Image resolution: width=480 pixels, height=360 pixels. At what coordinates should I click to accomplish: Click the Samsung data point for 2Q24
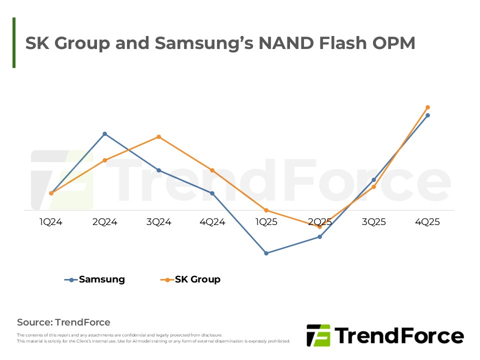[104, 134]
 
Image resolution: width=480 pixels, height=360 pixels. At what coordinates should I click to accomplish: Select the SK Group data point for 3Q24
[158, 136]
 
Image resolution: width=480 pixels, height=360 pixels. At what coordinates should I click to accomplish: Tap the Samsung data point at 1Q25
[266, 253]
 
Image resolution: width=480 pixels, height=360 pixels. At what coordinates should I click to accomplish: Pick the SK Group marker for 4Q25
[427, 107]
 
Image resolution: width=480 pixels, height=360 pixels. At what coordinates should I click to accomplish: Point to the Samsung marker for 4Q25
[427, 115]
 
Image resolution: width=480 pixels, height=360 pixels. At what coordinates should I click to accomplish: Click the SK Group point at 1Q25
[266, 210]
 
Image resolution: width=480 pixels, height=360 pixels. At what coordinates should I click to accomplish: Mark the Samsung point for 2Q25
[320, 237]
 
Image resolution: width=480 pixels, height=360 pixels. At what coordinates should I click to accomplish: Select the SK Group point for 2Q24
[104, 160]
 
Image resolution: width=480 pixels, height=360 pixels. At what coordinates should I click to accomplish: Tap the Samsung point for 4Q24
[212, 193]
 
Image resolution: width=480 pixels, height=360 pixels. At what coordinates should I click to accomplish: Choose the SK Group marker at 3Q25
[373, 187]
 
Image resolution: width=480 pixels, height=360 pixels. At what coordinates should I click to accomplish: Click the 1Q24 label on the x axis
[51, 222]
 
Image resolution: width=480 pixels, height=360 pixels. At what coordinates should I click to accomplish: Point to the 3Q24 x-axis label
[158, 222]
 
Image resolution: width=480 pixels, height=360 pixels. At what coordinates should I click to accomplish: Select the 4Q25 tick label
[427, 222]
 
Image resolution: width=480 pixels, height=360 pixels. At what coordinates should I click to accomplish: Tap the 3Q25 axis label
[373, 222]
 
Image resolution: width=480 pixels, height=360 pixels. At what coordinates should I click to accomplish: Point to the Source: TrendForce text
[63, 322]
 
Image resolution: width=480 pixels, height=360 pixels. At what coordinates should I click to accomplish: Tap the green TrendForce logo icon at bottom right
[318, 335]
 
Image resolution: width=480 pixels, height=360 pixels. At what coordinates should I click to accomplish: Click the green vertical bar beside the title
[14, 42]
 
